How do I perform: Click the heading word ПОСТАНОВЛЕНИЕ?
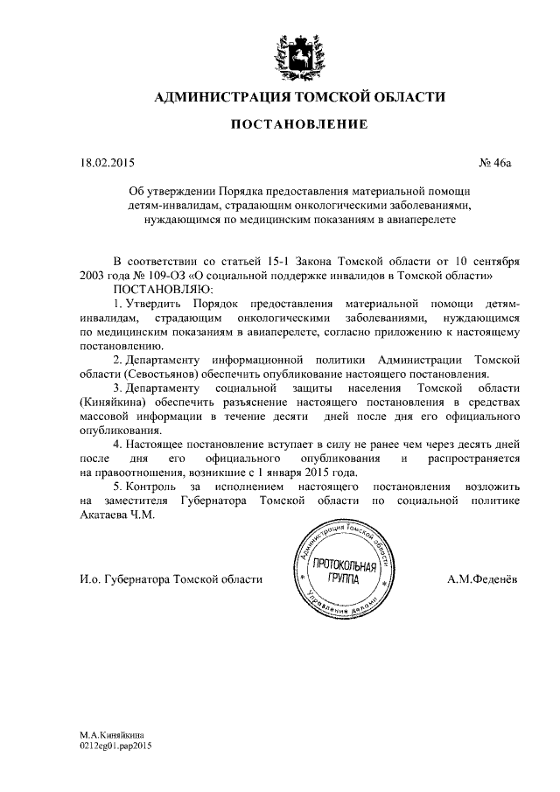click(x=298, y=125)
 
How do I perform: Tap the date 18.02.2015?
click(x=103, y=162)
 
